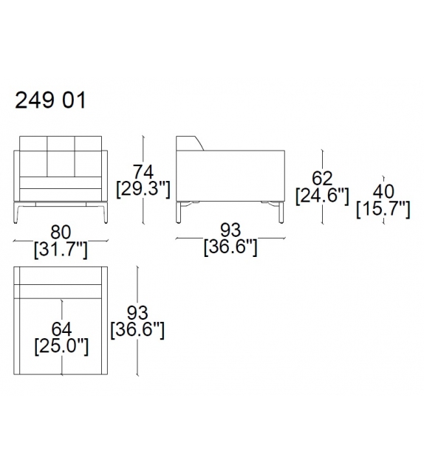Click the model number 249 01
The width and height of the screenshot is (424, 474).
coord(51,100)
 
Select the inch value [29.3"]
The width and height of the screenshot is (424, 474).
coord(143,189)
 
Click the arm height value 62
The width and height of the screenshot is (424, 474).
coord(322,178)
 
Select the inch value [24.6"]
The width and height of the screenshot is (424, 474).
coord(322,196)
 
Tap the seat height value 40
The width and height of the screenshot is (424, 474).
coord(383,191)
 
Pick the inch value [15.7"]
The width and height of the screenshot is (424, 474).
coord(383,209)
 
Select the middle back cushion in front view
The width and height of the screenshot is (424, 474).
coord(62,157)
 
